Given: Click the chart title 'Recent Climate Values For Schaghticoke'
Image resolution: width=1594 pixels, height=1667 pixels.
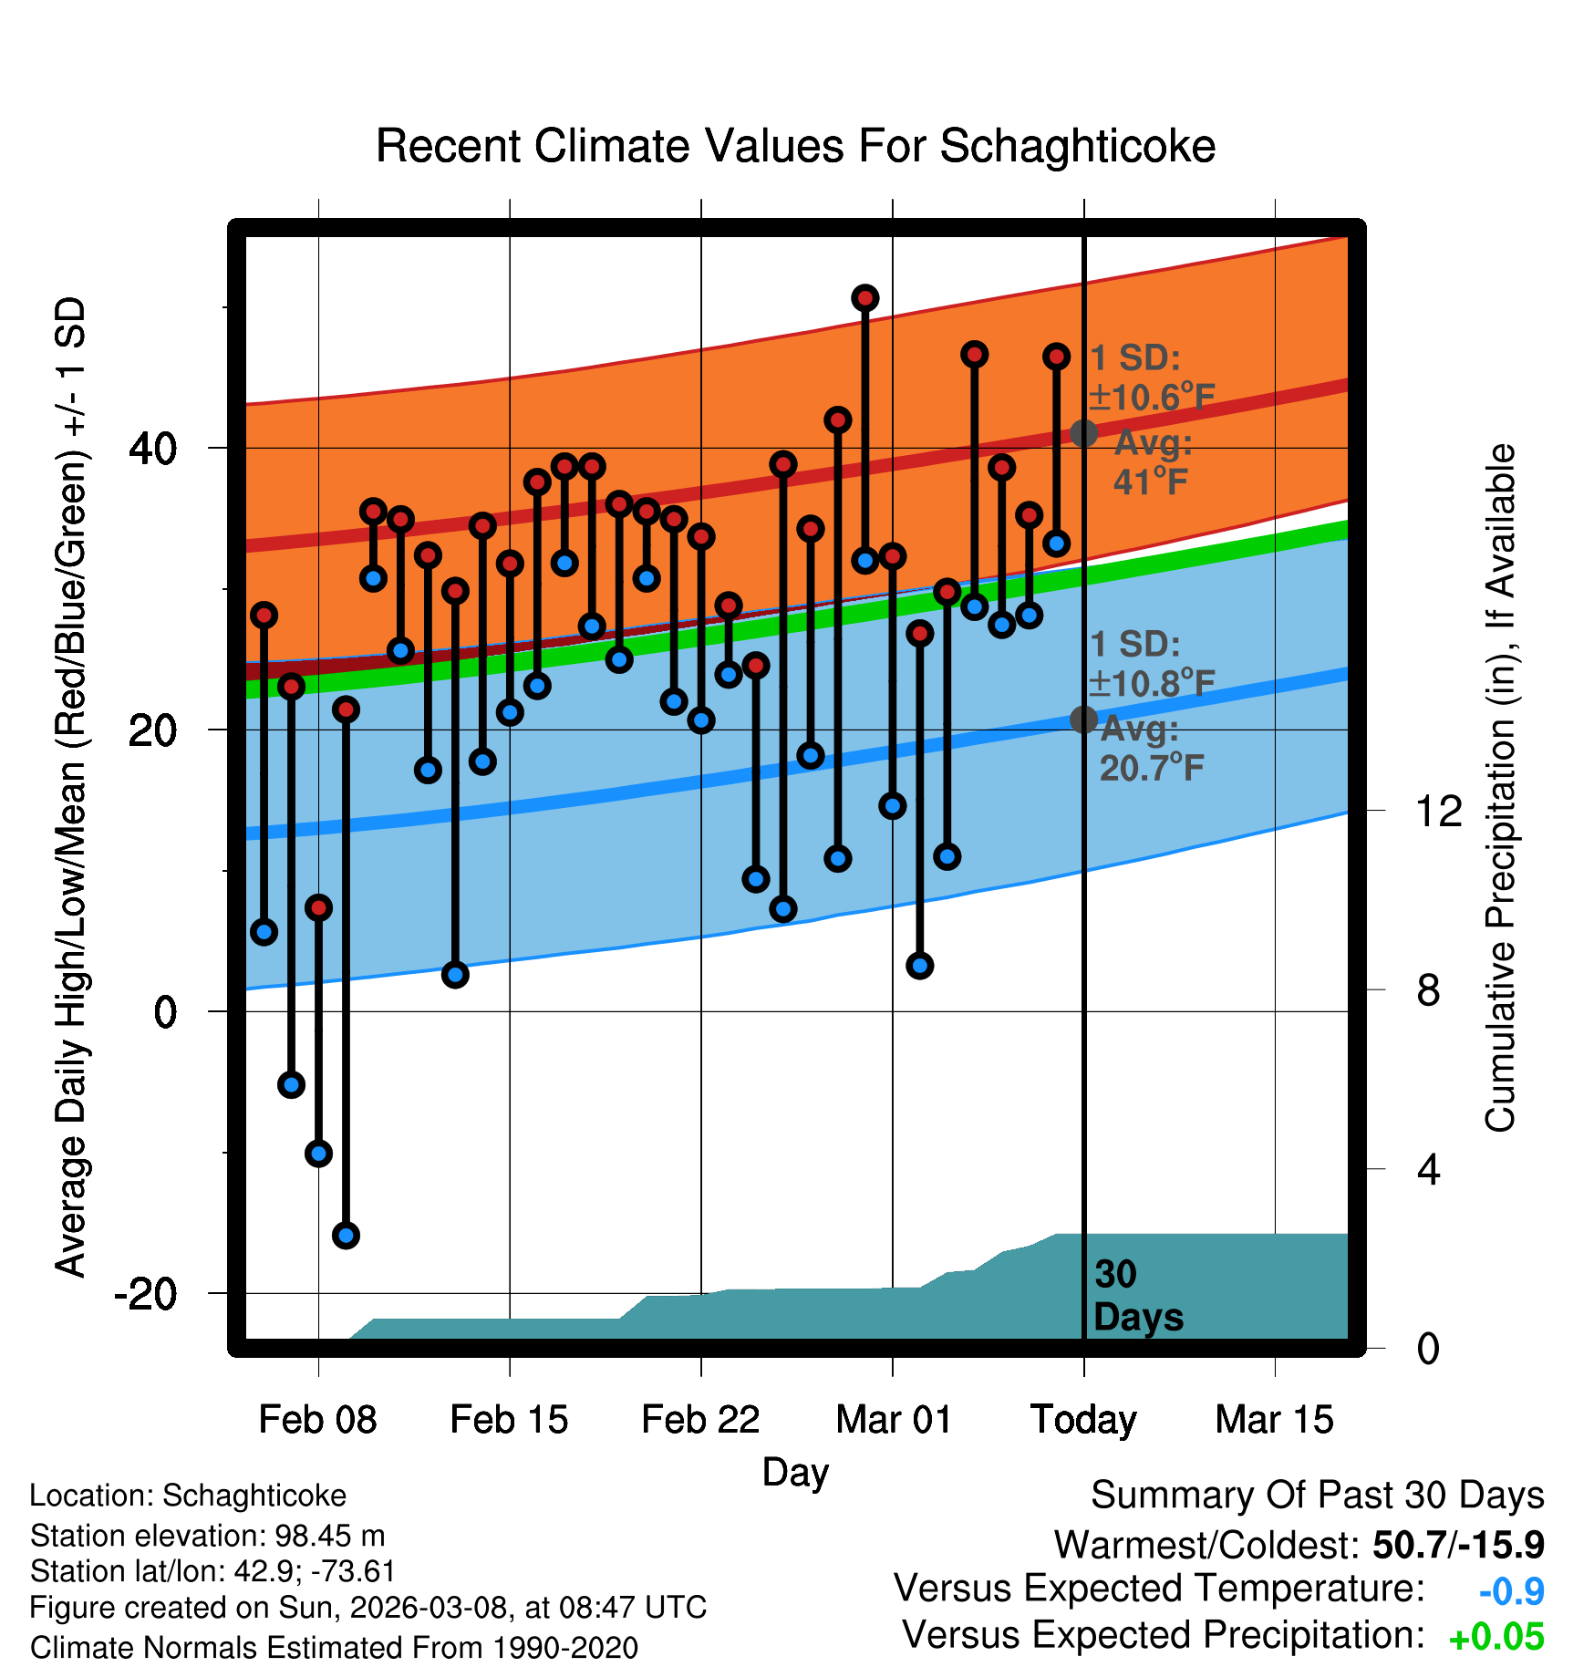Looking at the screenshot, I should click(795, 146).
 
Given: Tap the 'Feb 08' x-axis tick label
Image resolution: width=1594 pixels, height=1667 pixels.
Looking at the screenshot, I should click(317, 1419).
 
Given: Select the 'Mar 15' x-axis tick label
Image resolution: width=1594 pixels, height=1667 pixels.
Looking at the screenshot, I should click(1274, 1419).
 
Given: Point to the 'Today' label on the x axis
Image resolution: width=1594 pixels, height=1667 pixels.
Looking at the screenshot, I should click(1083, 1419).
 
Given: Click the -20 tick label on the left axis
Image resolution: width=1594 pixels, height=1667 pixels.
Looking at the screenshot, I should click(146, 1293).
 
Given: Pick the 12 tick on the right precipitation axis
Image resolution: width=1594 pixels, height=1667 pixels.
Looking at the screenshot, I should click(1439, 811).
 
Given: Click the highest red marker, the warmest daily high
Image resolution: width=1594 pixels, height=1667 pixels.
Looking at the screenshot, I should click(865, 298).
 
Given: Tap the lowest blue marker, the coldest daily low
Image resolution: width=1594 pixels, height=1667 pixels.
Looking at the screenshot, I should click(346, 1236).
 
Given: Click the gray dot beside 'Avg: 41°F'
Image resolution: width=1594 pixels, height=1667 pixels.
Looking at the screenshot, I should click(1083, 433).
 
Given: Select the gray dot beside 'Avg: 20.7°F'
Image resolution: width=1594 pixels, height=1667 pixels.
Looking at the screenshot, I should click(1083, 720).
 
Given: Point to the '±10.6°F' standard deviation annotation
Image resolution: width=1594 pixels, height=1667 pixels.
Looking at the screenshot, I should click(1152, 398).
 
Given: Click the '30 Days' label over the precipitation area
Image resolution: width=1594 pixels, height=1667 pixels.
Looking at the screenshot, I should click(1137, 1296).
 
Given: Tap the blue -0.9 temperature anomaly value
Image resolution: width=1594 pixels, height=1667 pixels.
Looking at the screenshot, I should click(1511, 1591).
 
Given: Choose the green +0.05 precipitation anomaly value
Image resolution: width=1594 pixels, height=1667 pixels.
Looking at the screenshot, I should click(1496, 1637).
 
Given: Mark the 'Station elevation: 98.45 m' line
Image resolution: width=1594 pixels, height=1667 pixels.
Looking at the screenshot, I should click(207, 1536).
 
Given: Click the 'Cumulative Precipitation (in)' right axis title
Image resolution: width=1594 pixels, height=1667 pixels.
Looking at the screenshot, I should click(1500, 788).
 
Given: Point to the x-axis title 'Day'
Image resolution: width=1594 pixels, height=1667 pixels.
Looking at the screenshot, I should click(795, 1472).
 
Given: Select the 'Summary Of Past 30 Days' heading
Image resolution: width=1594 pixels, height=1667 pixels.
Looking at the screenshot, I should click(1317, 1496).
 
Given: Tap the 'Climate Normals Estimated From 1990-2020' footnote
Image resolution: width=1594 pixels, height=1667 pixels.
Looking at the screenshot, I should click(334, 1648).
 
